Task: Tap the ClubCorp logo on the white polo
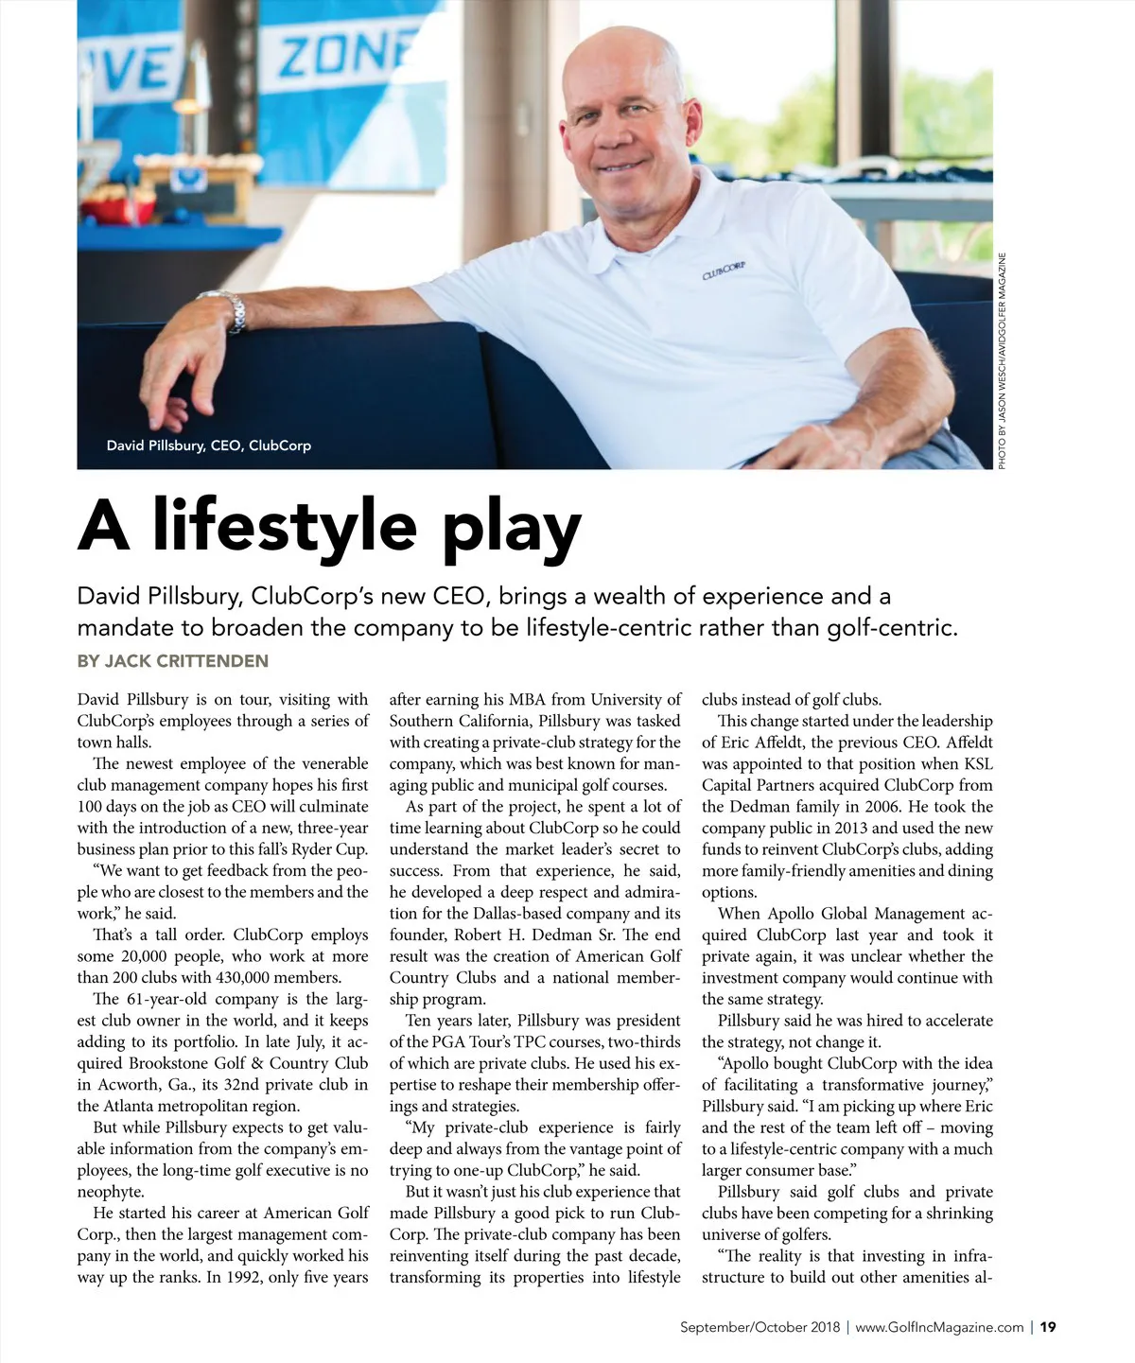pyautogui.click(x=724, y=271)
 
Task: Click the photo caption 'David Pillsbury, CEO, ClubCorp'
pyautogui.click(x=208, y=446)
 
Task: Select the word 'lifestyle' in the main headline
pyautogui.click(x=285, y=527)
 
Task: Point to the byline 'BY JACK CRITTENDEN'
pyautogui.click(x=172, y=661)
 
